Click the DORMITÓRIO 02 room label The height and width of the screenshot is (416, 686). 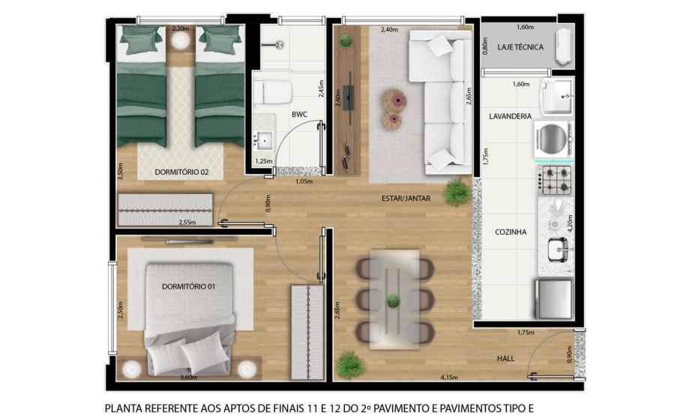tap(181, 172)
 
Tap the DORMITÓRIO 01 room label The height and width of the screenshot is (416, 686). tap(189, 287)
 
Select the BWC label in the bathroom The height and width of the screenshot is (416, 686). tap(300, 115)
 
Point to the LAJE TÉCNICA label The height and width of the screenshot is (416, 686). tap(520, 47)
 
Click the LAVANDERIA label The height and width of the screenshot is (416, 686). tap(510, 116)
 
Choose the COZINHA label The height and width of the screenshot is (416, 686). tap(511, 232)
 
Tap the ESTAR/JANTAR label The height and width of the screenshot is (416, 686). tap(406, 199)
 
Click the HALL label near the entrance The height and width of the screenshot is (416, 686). tap(506, 359)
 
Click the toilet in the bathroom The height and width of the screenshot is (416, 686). tap(272, 92)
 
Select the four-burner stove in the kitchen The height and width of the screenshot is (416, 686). tap(556, 180)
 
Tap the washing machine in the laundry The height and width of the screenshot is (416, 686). tap(554, 139)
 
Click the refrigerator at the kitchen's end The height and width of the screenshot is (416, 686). tap(554, 299)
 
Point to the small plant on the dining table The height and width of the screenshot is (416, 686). tap(393, 301)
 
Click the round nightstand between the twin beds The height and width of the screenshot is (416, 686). tap(180, 41)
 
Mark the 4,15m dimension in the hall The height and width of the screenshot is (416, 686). tap(449, 378)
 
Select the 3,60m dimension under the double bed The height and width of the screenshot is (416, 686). tap(189, 378)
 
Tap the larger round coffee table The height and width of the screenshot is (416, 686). tap(394, 100)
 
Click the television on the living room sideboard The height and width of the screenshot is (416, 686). tap(349, 98)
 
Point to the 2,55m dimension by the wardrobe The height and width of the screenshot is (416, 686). tap(187, 222)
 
